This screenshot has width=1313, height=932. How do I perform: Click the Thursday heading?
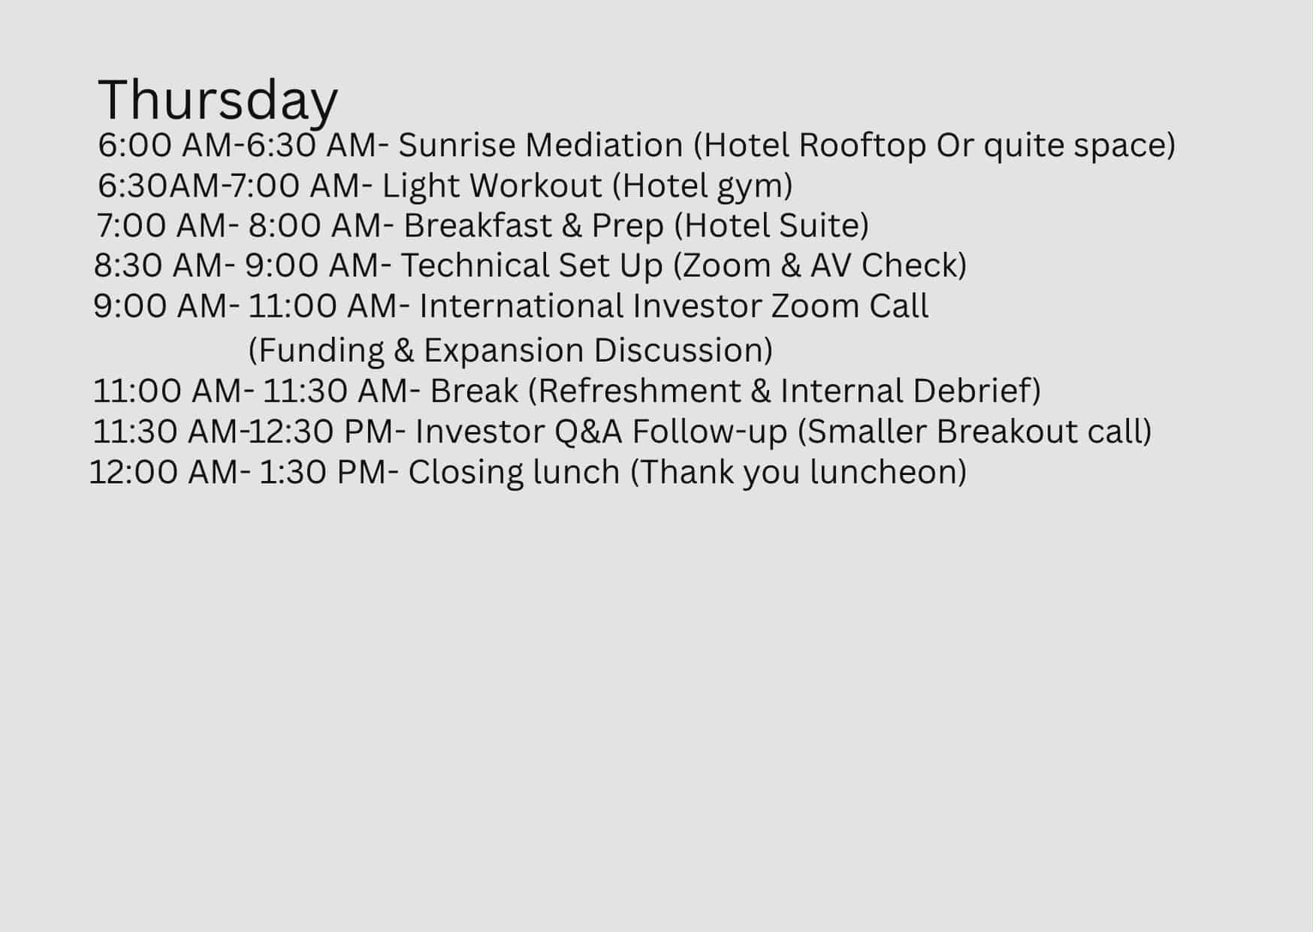(218, 101)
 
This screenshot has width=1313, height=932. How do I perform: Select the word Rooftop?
(862, 146)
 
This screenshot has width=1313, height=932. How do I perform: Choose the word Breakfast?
(478, 225)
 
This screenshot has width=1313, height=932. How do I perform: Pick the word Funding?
(315, 351)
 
